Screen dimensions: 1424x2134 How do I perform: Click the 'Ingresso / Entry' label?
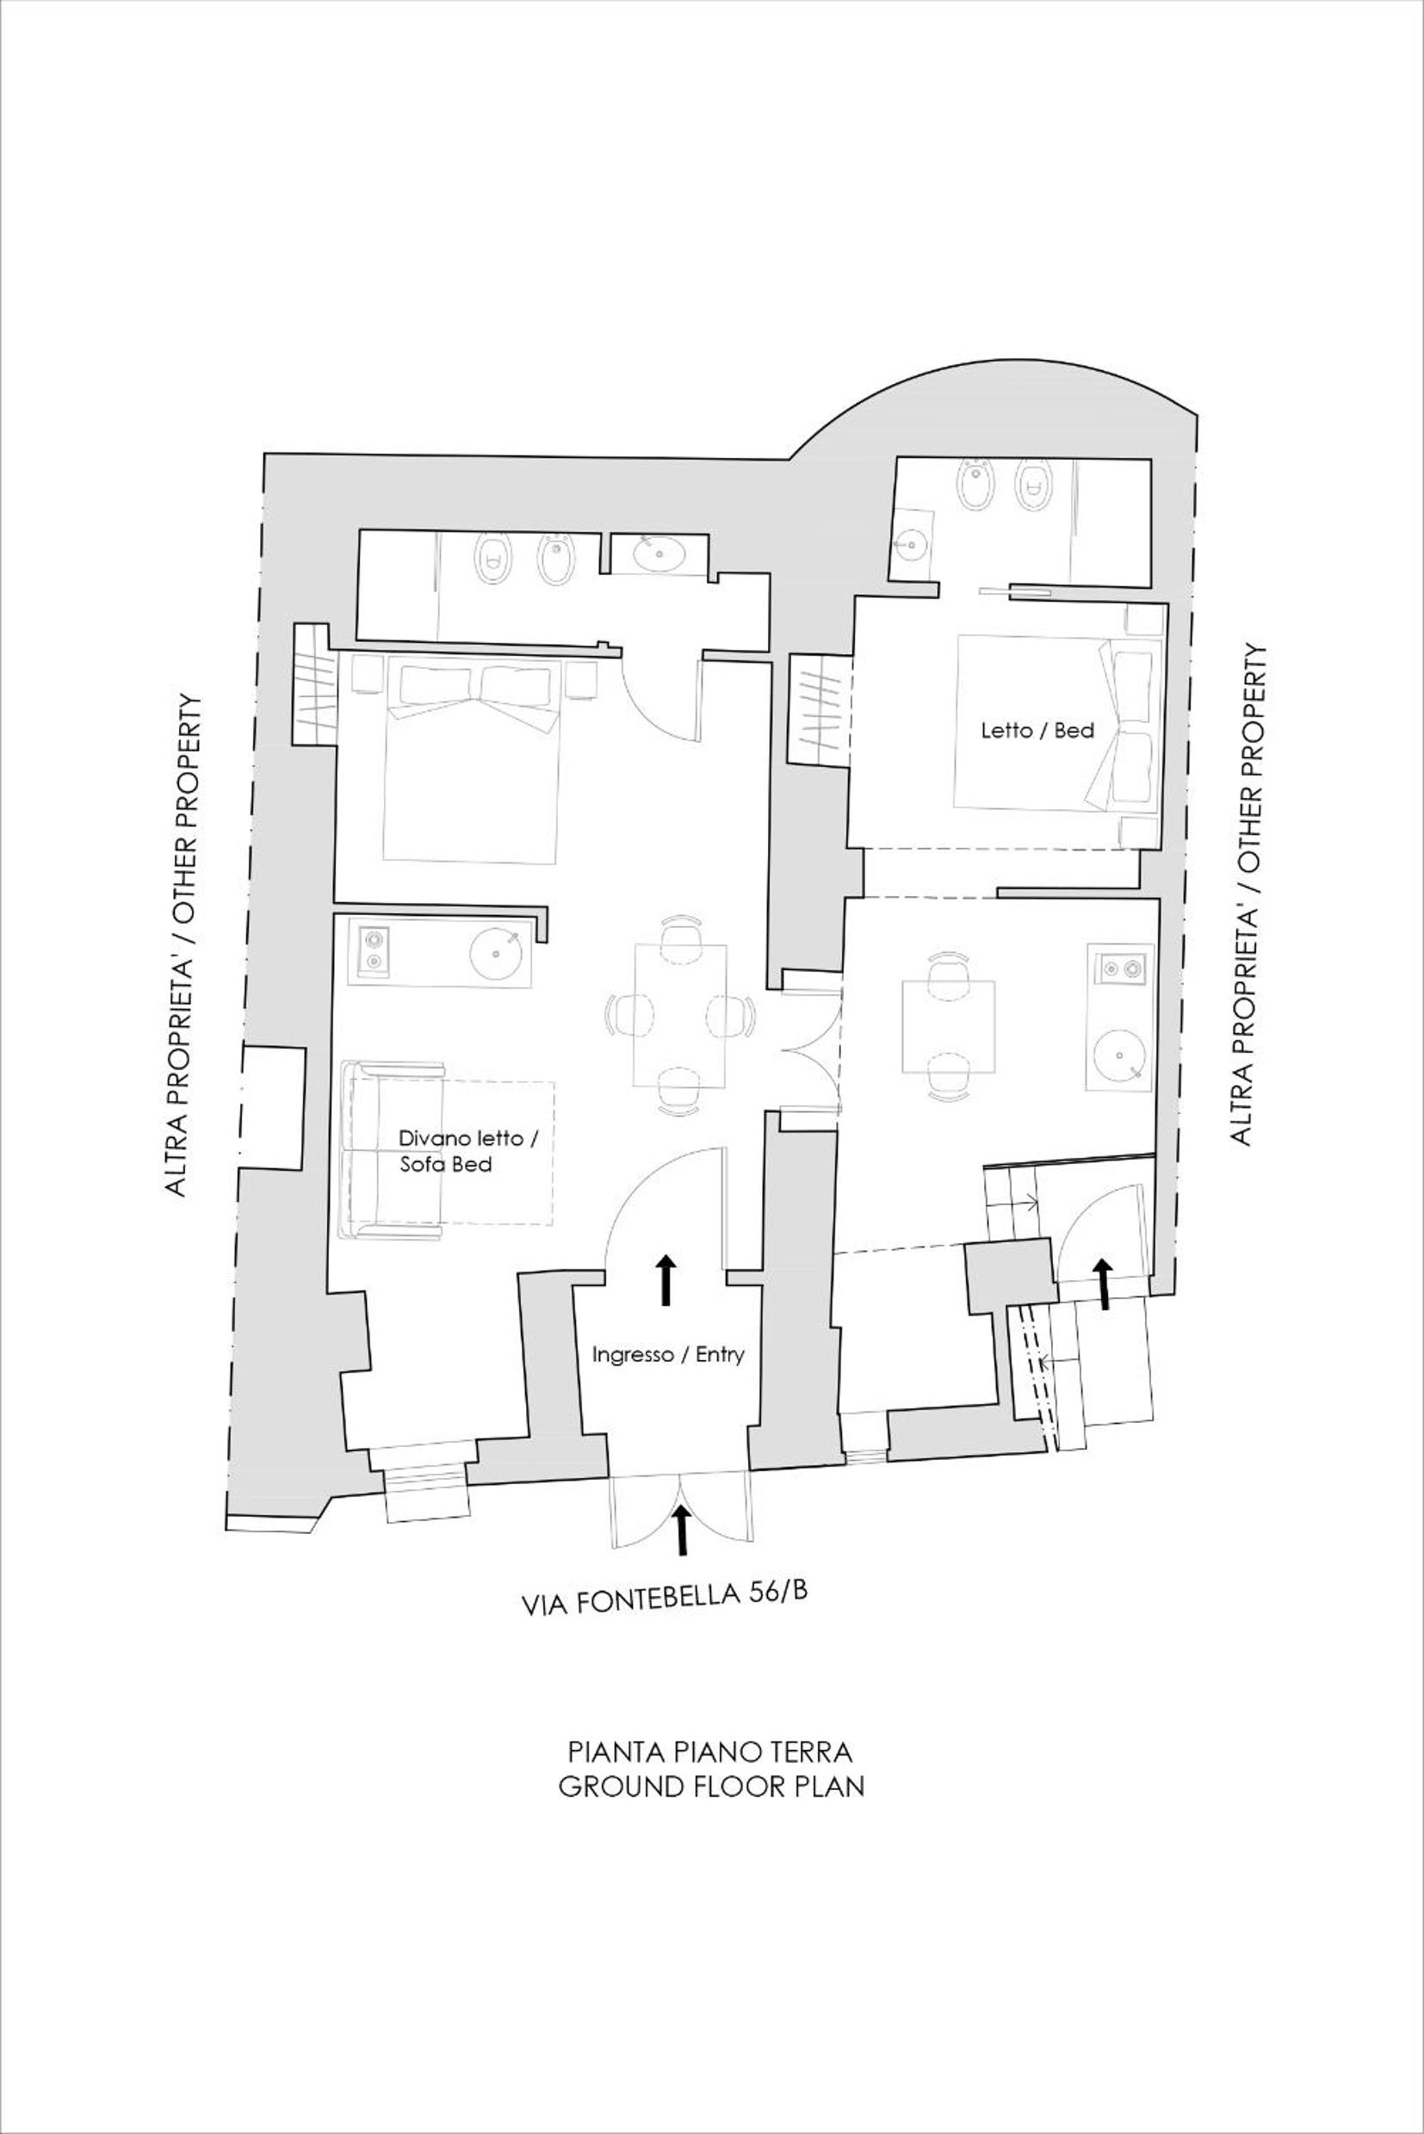tap(668, 1355)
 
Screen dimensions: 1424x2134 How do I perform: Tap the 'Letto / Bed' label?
tap(1037, 731)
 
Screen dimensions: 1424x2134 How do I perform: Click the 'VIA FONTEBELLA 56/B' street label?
tap(664, 1601)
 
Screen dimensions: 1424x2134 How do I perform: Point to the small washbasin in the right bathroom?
tap(909, 544)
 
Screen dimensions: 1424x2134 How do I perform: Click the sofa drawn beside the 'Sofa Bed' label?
tap(393, 1149)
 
